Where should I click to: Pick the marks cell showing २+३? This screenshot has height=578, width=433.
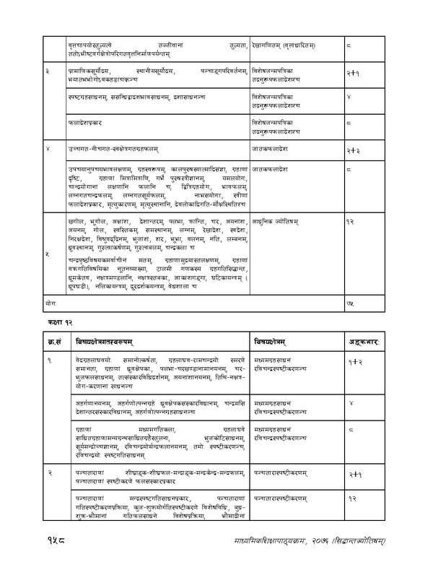(353, 152)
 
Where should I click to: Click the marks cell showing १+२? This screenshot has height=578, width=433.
(353, 342)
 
